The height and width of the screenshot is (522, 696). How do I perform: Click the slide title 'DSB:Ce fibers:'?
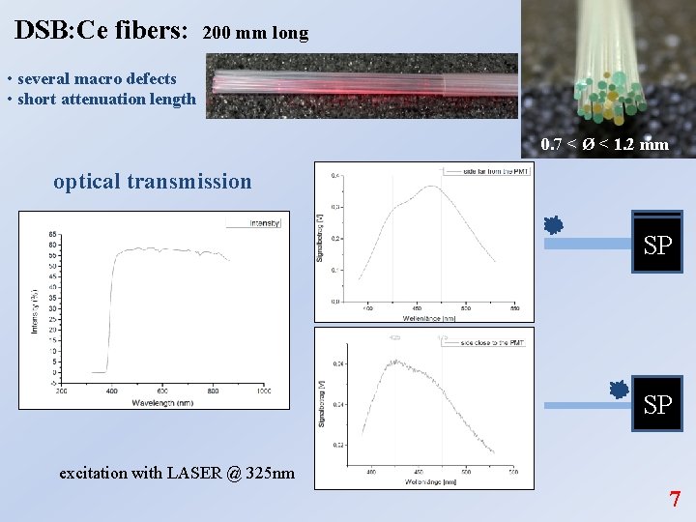coord(101,30)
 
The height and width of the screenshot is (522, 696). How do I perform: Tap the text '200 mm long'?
coord(256,33)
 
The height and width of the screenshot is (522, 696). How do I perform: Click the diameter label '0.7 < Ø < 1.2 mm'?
coord(604,144)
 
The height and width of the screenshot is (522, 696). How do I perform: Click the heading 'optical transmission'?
coord(153,181)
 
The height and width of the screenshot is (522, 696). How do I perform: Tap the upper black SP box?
coord(657,244)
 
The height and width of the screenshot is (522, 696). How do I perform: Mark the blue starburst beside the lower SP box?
coord(620,390)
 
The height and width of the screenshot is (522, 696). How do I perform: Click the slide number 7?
coord(675,500)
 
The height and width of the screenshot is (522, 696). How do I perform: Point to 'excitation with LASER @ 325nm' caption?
coord(177,473)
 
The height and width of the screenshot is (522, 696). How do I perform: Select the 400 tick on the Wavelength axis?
coord(111,391)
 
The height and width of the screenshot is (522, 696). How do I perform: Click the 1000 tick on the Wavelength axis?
coord(264,391)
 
